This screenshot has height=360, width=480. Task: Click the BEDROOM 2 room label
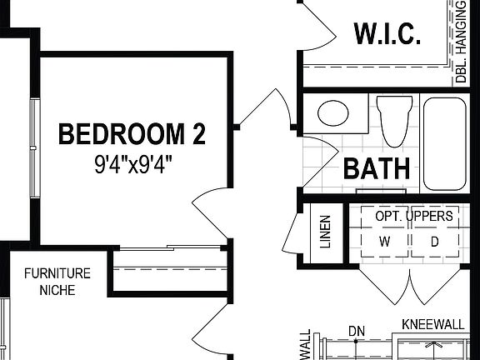pyautogui.click(x=132, y=133)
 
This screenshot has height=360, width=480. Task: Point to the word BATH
pyautogui.click(x=377, y=168)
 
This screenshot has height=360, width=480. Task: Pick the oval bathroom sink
pyautogui.click(x=336, y=112)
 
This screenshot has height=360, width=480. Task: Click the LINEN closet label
pyautogui.click(x=324, y=235)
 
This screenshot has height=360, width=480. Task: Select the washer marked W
pyautogui.click(x=385, y=242)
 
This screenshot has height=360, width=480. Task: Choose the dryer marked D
pyautogui.click(x=434, y=242)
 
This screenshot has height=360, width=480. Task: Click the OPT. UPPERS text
pyautogui.click(x=414, y=216)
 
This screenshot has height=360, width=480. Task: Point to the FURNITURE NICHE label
pyautogui.click(x=57, y=282)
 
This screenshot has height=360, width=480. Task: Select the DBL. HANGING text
pyautogui.click(x=460, y=42)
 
